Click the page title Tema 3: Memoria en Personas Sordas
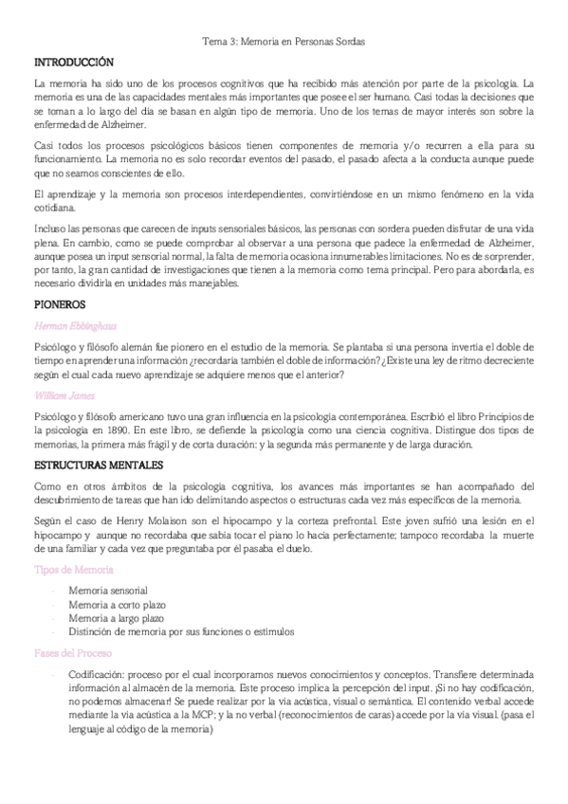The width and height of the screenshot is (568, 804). click(x=284, y=42)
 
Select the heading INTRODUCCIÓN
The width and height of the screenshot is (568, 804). click(x=73, y=61)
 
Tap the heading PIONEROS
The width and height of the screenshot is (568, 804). click(x=59, y=305)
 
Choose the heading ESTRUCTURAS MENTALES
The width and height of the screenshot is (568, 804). click(x=98, y=466)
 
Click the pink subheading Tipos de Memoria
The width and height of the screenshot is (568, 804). click(x=74, y=569)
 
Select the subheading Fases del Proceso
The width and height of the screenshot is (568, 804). click(x=74, y=654)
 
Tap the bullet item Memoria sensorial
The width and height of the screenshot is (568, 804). click(x=107, y=590)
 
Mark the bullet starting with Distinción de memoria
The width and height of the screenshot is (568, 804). click(x=180, y=630)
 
